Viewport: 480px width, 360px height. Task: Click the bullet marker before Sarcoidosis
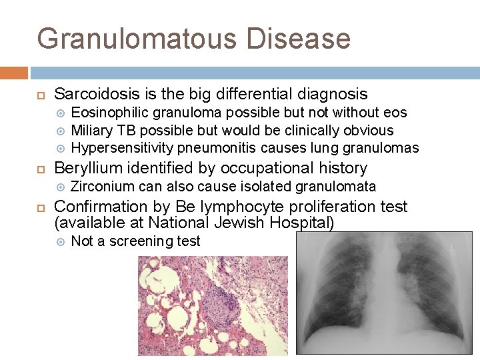click(41, 95)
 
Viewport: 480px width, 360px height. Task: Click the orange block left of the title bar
click(14, 72)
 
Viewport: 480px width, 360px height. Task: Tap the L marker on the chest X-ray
click(453, 248)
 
